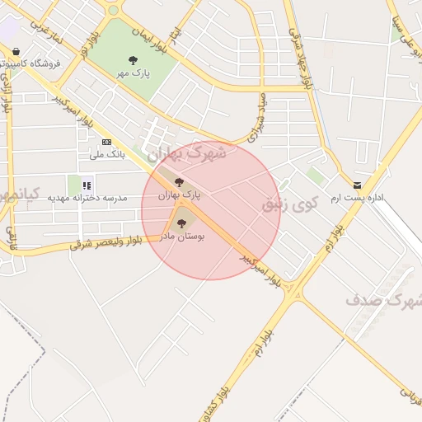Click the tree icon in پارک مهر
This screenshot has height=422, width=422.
(x=133, y=59)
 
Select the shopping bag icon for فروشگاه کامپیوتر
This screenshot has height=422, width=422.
(x=16, y=51)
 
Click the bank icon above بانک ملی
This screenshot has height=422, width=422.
(x=105, y=142)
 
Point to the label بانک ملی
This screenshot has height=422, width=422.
(x=106, y=154)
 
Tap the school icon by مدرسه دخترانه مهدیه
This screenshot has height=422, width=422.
(x=87, y=185)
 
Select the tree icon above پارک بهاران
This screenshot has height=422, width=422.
(x=179, y=182)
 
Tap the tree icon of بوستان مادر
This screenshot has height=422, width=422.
(x=182, y=222)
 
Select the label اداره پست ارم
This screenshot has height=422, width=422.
(x=358, y=199)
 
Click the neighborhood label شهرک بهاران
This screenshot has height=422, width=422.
(x=186, y=153)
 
